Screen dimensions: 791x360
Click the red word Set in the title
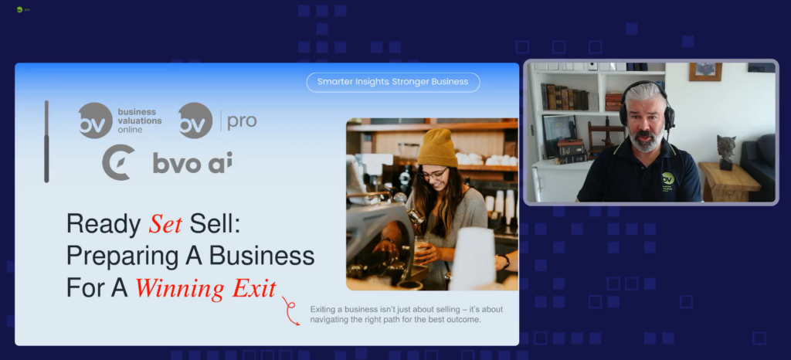[x=165, y=224]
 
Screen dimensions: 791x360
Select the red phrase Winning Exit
[x=205, y=288]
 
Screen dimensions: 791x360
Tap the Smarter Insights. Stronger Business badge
[x=393, y=82]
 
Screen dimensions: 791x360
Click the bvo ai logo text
[x=192, y=162]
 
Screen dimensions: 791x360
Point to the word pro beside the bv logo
[x=242, y=121]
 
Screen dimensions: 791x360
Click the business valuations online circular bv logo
[x=95, y=121]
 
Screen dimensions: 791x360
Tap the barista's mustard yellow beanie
[x=437, y=148]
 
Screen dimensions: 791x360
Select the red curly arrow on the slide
[x=291, y=311]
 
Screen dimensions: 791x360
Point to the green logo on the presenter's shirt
[x=668, y=178]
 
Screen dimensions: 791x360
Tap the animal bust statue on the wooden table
[x=726, y=152]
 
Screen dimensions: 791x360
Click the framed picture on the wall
[x=705, y=72]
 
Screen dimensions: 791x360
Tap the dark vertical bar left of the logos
[x=46, y=141]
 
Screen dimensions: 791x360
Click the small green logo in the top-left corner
[x=19, y=9]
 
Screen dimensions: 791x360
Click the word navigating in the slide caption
[x=329, y=320]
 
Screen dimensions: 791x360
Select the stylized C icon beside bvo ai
[x=118, y=162]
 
